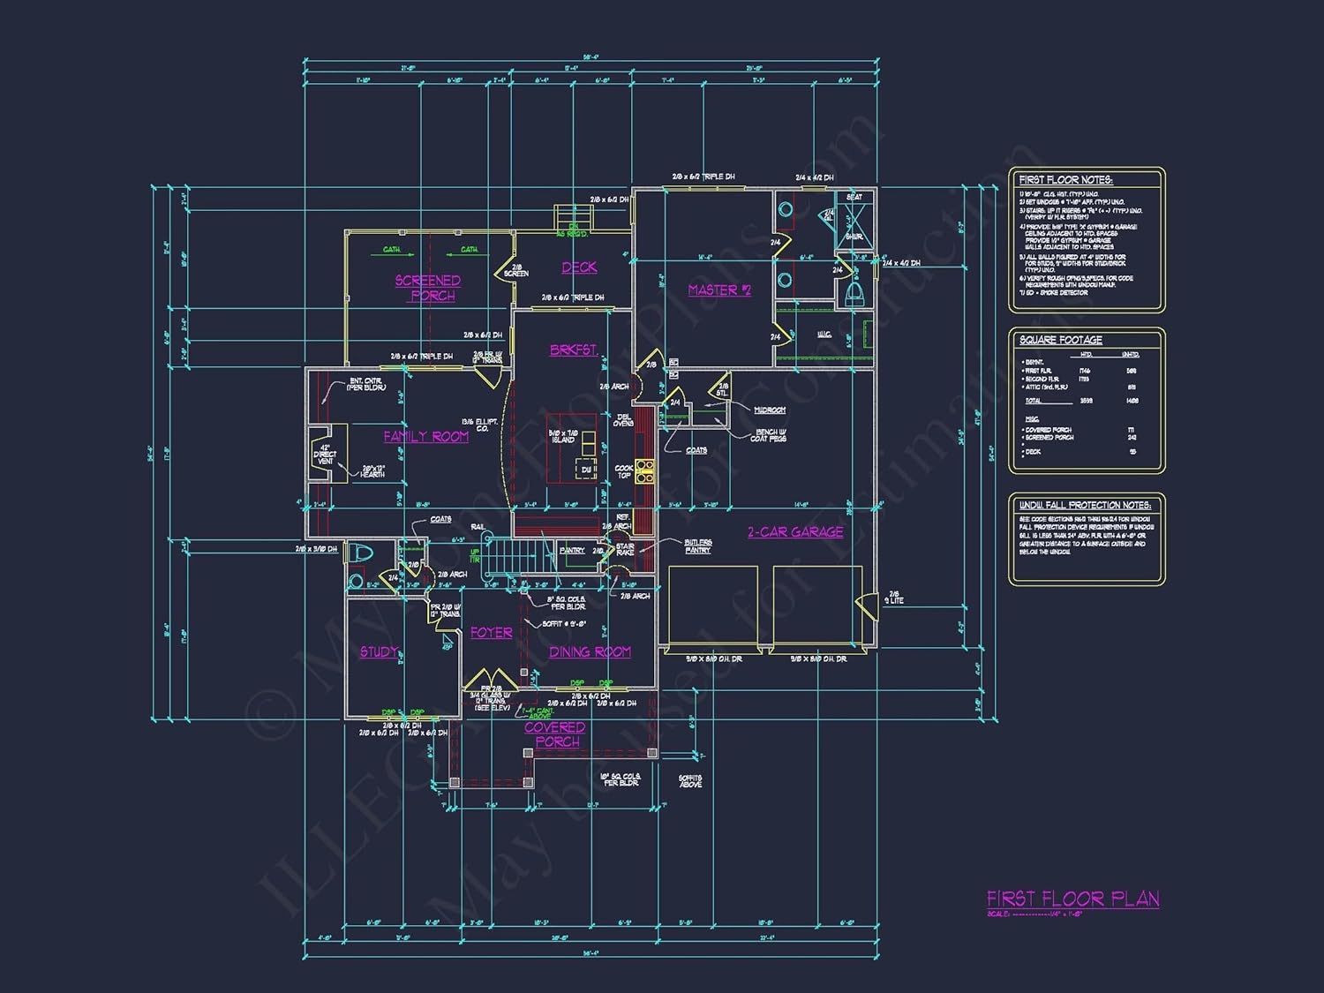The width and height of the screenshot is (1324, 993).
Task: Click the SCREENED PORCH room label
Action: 427,288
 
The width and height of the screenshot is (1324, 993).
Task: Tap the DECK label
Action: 579,267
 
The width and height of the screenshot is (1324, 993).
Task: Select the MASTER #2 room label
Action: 719,290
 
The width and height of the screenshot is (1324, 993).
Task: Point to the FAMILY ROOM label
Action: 425,436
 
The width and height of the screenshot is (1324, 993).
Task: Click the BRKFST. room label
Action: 574,350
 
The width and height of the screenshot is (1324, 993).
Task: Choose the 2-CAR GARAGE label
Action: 794,531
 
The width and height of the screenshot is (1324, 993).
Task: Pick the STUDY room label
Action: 379,651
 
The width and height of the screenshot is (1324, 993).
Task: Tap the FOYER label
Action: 491,633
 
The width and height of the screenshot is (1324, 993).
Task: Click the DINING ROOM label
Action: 590,651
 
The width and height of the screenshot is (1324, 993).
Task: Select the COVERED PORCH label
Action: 555,734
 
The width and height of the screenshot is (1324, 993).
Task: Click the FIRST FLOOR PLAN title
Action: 1072,899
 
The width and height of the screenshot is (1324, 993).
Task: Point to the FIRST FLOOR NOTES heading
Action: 1065,180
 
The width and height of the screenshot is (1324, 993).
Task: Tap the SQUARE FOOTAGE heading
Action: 1060,340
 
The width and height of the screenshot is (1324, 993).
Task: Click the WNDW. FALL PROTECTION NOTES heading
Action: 1084,505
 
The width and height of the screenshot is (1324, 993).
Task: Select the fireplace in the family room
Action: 325,454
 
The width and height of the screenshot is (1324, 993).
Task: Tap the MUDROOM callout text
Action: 769,410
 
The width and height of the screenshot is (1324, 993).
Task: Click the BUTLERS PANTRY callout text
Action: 697,546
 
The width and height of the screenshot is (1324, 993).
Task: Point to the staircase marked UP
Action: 508,558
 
